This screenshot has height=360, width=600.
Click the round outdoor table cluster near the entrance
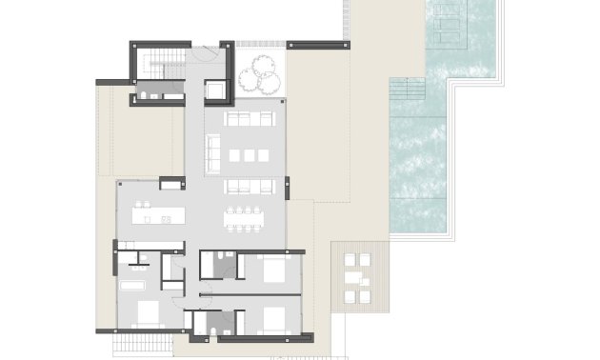[x=257, y=70]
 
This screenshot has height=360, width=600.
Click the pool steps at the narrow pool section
[x=409, y=90]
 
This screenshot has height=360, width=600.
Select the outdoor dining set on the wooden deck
[x=357, y=277]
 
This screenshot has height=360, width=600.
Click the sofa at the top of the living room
[x=249, y=120]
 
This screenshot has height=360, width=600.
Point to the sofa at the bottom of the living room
[x=249, y=186]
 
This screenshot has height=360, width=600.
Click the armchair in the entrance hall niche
[x=216, y=90]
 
